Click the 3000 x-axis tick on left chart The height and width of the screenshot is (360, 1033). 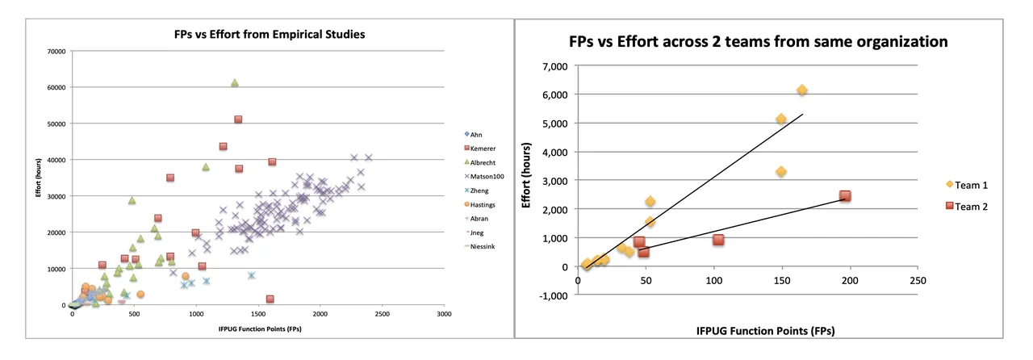[x=443, y=314]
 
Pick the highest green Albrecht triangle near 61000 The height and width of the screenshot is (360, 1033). [x=235, y=83]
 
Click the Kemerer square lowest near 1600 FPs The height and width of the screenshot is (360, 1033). [x=270, y=299]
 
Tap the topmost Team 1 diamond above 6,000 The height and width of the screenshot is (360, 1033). [x=801, y=90]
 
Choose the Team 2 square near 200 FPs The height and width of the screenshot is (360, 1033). [x=845, y=196]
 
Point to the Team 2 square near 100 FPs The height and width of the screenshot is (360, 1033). [x=718, y=240]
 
